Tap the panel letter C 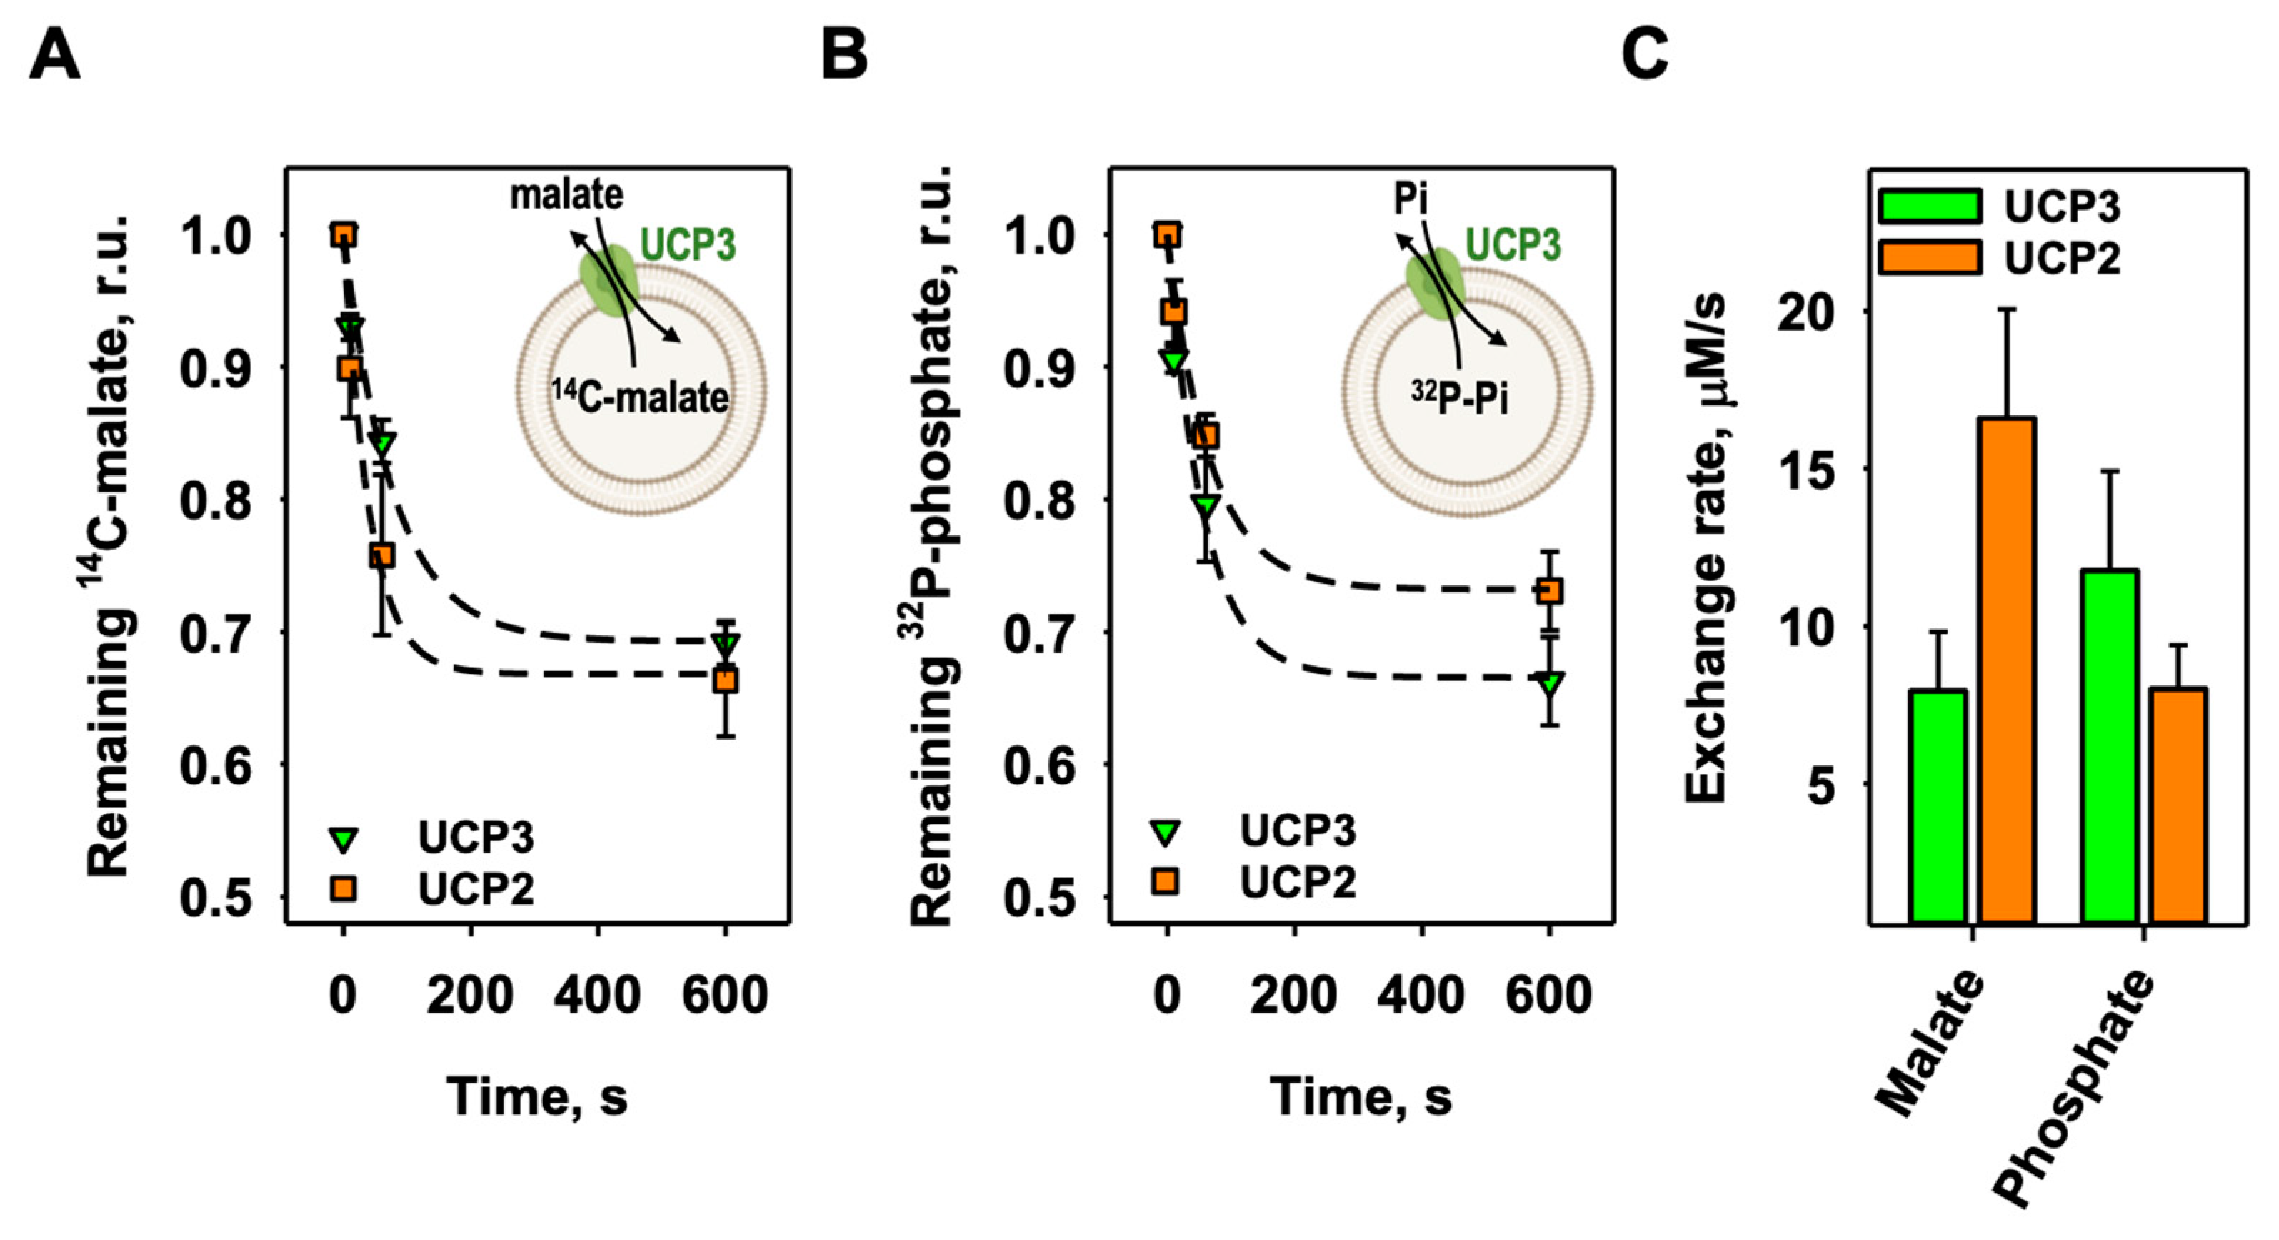1645,55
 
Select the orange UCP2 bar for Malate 2008,670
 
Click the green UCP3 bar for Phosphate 2110,746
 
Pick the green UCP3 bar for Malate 1938,805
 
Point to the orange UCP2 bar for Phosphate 2179,805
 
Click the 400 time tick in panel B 1421,995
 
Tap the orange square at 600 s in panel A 726,680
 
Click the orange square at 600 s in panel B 1549,591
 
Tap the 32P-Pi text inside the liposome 1460,397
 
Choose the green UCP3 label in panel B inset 1513,245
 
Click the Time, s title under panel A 536,1096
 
